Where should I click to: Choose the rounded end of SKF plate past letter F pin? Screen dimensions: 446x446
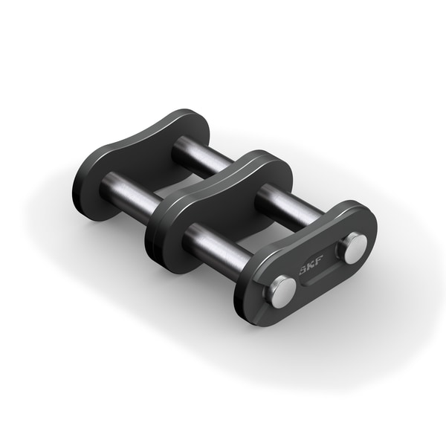368,227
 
